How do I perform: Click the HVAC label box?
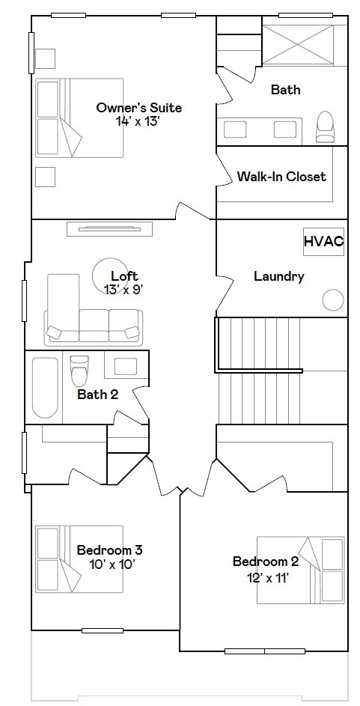tap(323, 241)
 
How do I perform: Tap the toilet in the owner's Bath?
tap(325, 127)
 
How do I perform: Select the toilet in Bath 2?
tap(79, 370)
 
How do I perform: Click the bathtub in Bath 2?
tap(45, 388)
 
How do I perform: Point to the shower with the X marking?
tap(298, 45)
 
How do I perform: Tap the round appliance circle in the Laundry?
tap(333, 299)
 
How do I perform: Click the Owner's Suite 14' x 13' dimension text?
tap(138, 121)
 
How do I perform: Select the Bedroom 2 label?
tap(266, 562)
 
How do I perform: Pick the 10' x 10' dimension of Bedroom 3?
tap(112, 565)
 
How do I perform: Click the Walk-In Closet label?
tap(281, 176)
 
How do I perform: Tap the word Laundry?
tap(279, 276)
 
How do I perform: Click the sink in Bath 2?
tap(126, 366)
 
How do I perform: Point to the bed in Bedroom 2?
tap(301, 570)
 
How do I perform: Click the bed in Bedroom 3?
tap(79, 559)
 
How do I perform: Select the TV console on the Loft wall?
tap(109, 229)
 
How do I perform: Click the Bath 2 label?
tap(97, 395)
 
